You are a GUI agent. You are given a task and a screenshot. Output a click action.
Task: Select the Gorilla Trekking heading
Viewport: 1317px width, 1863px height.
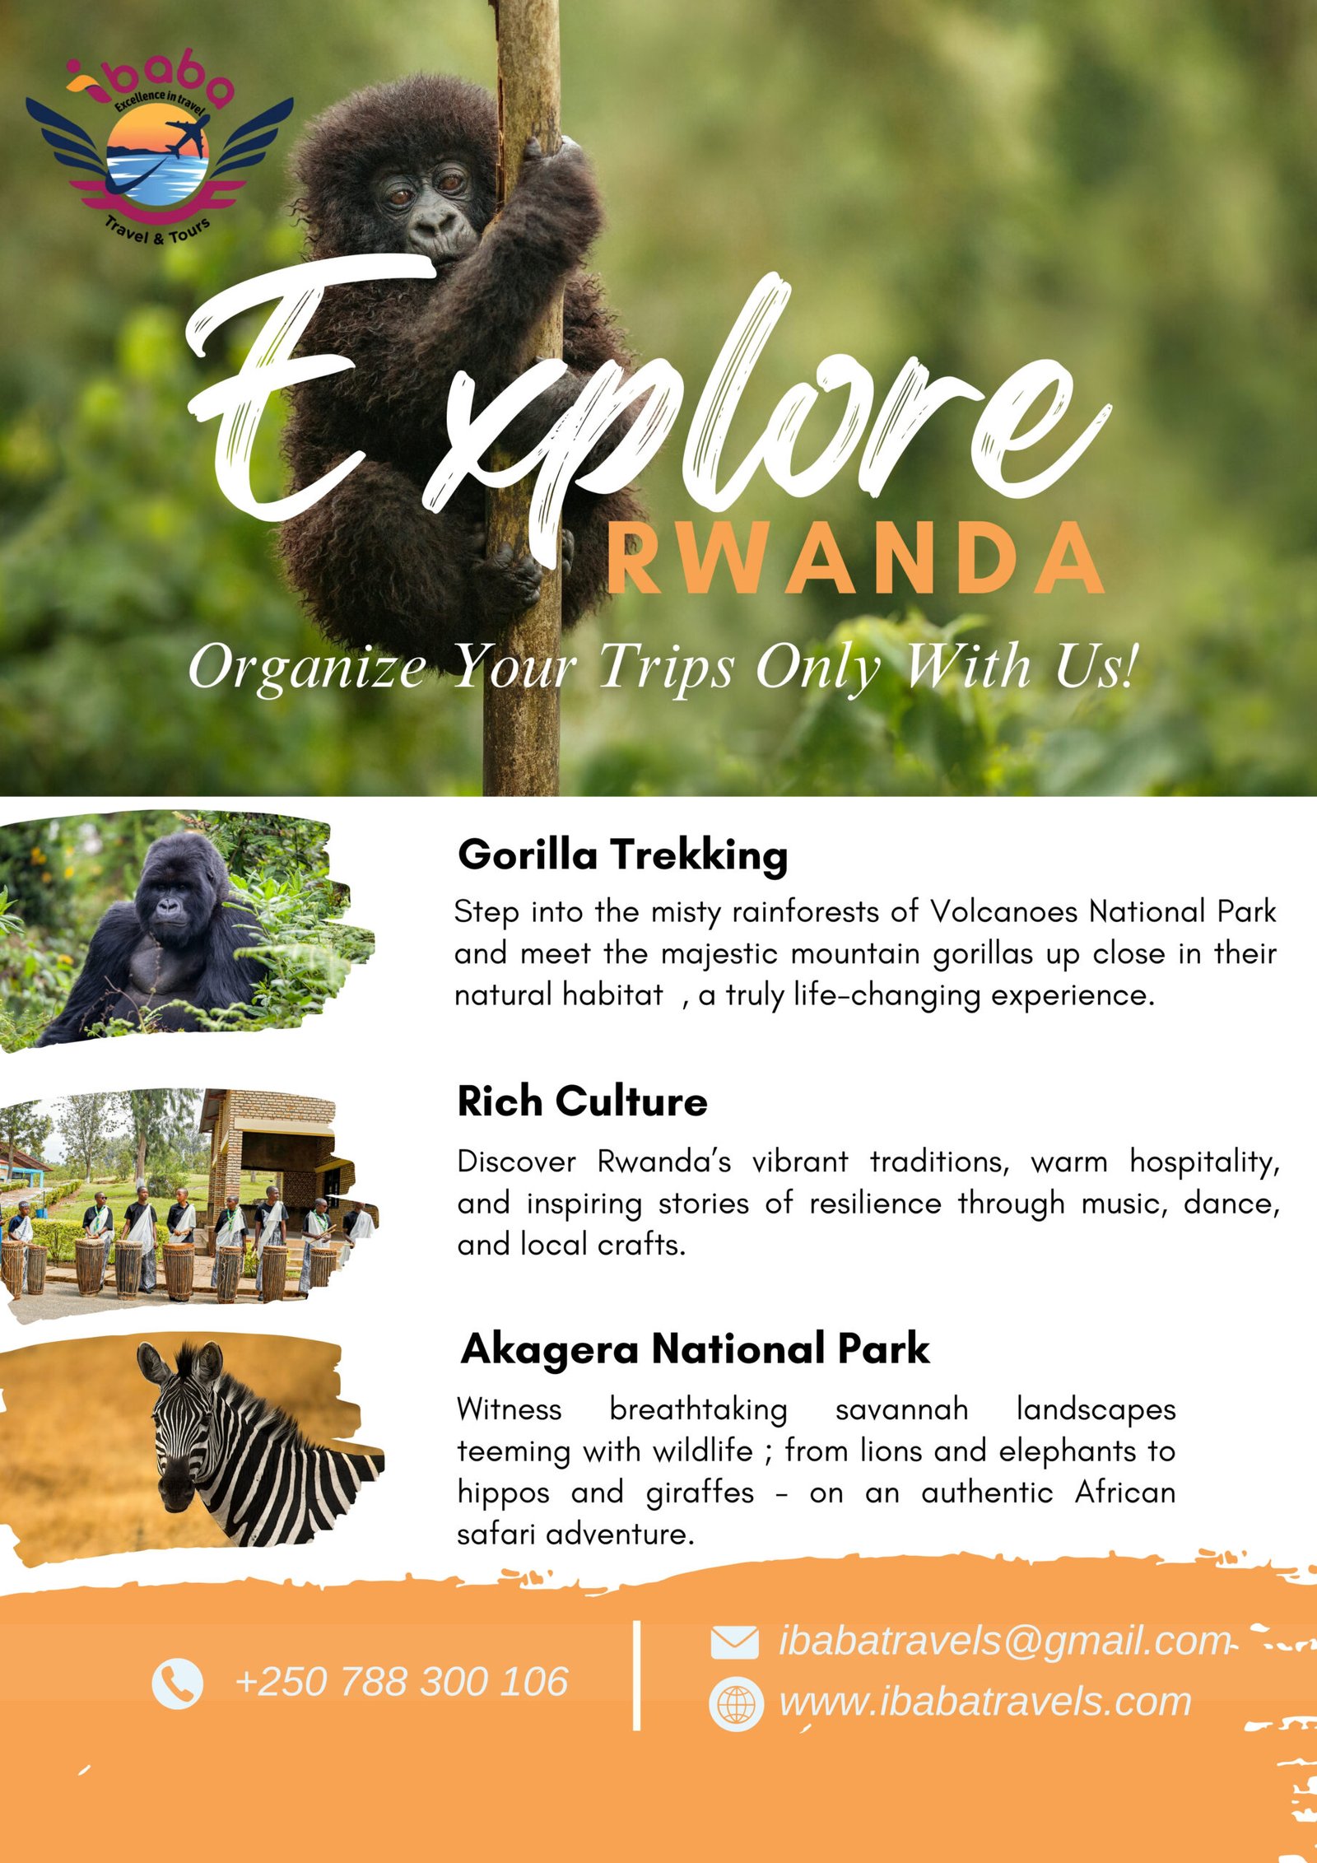point(622,854)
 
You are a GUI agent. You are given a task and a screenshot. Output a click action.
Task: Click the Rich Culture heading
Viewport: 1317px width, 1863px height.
point(582,1101)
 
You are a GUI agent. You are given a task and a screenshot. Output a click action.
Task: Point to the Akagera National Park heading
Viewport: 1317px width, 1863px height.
point(695,1348)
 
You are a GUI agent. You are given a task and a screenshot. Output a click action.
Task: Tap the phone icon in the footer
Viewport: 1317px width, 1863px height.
point(177,1683)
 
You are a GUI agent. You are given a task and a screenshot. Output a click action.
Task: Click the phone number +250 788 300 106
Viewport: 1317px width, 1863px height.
point(402,1682)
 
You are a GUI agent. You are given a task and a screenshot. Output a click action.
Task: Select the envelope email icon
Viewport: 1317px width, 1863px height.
point(733,1642)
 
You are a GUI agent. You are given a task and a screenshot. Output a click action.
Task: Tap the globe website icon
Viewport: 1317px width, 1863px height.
point(735,1703)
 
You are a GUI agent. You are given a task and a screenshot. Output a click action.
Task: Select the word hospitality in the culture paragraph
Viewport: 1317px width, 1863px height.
point(1204,1162)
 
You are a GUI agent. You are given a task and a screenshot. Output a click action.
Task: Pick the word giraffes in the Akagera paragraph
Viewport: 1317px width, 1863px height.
point(700,1493)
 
